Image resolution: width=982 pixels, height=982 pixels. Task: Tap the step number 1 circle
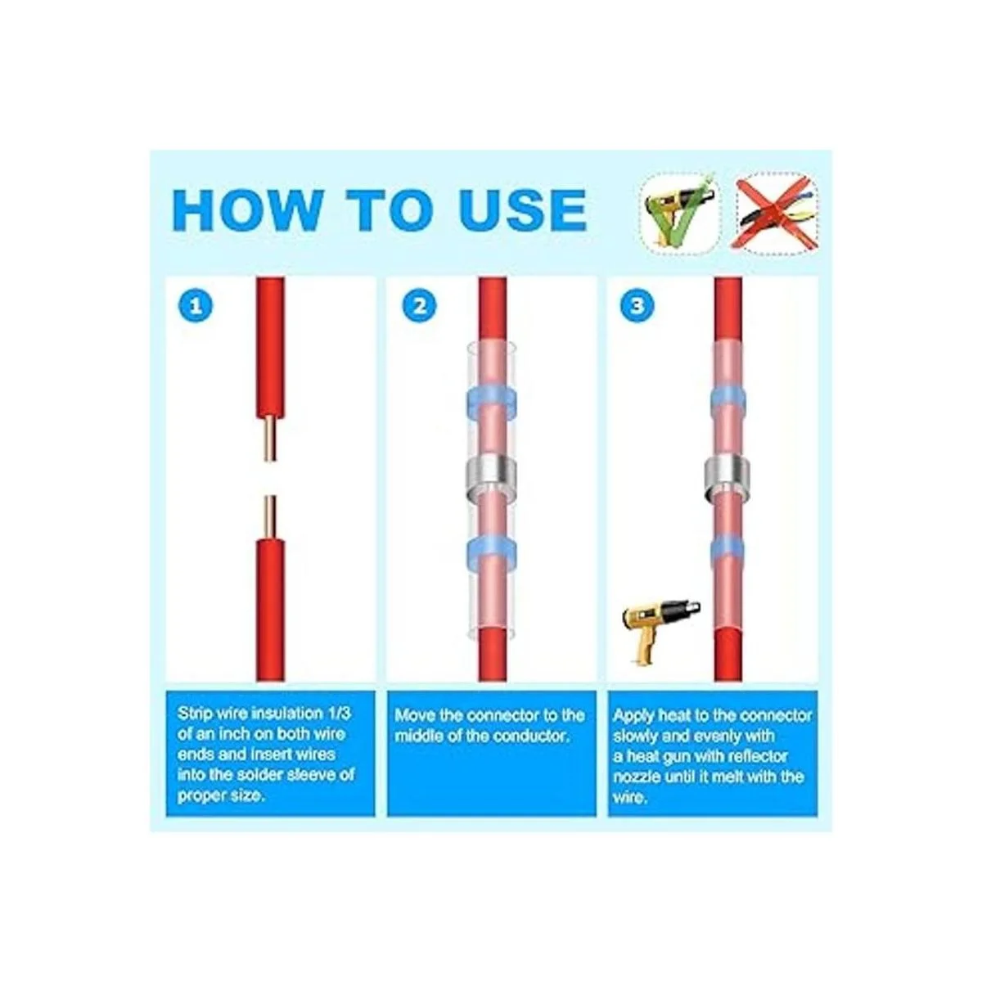(196, 306)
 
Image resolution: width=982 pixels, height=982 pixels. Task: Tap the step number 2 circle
(420, 306)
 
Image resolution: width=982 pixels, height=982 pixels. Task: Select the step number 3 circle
(637, 306)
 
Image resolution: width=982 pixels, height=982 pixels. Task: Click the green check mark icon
(680, 210)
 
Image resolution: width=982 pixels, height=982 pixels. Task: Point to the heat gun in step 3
(660, 632)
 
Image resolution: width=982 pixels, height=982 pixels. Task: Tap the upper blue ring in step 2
(492, 400)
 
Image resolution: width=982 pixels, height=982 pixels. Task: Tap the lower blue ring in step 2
(492, 554)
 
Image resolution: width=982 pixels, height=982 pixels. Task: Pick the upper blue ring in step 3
(728, 400)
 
